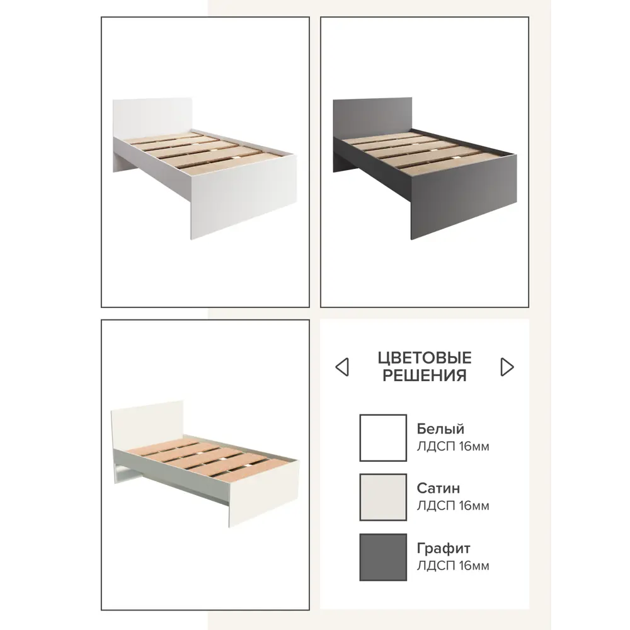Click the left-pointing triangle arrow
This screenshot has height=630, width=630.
tap(342, 367)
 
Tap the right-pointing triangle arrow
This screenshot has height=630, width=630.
tap(507, 367)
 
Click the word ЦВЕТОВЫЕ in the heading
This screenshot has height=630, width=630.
tap(424, 358)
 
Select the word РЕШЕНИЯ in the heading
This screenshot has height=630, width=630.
tap(424, 375)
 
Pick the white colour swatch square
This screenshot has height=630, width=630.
tap(383, 438)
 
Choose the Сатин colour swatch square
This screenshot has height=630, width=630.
tap(383, 497)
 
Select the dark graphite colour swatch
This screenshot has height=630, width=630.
tap(383, 557)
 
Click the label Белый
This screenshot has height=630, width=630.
tap(440, 428)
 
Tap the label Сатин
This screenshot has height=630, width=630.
tap(438, 488)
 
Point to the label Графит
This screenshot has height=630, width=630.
tap(443, 548)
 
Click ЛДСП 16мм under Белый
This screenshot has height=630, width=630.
tap(453, 447)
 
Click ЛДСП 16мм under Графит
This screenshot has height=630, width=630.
tap(453, 566)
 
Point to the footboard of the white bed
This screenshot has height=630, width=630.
tap(243, 197)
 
